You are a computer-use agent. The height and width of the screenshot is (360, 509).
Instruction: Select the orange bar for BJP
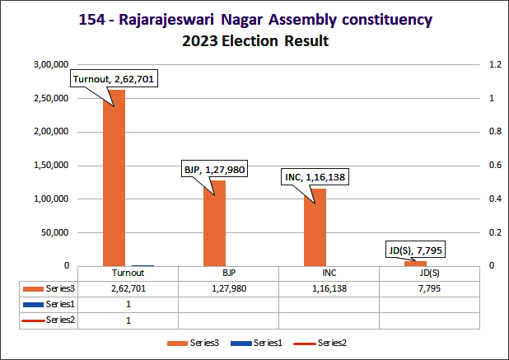[215, 223]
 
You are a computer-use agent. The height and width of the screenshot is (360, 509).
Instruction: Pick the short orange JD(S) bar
[415, 263]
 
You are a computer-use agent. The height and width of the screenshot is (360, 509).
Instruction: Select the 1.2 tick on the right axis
[494, 64]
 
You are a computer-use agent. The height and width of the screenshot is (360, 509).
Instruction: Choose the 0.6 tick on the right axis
[494, 165]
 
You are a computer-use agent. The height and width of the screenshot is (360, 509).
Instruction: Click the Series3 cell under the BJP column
[228, 289]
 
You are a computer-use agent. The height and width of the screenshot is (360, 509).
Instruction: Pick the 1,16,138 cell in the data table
[329, 289]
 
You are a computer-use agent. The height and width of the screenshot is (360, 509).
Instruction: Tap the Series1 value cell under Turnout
[128, 305]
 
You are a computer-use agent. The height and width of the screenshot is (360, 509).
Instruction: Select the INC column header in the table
[329, 274]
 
